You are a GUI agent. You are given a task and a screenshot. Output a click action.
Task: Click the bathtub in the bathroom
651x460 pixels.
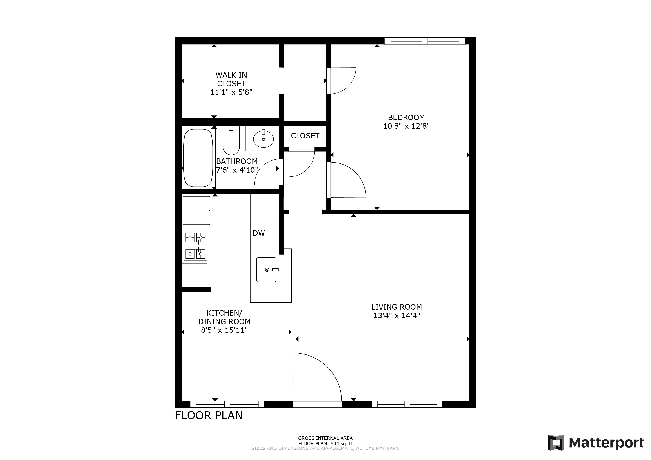(198, 158)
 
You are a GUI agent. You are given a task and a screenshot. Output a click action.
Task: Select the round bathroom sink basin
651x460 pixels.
(263, 139)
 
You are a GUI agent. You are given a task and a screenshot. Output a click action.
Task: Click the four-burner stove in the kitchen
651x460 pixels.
(195, 246)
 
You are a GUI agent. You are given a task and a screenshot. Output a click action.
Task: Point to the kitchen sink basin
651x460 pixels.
(266, 269)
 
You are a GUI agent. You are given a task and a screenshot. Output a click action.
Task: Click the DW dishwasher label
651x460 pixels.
(259, 233)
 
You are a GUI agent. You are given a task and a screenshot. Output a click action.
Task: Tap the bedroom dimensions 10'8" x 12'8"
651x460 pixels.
(407, 126)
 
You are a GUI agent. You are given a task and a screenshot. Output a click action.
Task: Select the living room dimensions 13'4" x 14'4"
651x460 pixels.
(397, 316)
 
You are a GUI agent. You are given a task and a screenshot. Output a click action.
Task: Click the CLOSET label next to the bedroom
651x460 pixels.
(305, 136)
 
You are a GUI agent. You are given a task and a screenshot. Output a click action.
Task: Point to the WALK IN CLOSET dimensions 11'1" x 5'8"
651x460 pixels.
(231, 92)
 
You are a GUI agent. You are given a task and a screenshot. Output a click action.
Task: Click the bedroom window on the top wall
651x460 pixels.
(425, 41)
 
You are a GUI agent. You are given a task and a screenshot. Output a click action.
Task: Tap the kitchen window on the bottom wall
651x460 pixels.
(227, 404)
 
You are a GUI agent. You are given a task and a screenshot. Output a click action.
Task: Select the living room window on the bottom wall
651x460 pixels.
(407, 404)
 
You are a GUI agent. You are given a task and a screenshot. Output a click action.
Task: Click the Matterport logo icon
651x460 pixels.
(556, 442)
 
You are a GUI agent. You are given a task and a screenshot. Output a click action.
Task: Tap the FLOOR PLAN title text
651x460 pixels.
(209, 416)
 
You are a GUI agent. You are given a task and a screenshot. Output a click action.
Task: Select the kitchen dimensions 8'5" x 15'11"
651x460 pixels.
(224, 330)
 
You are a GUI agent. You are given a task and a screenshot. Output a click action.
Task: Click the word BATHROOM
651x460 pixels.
(237, 161)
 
